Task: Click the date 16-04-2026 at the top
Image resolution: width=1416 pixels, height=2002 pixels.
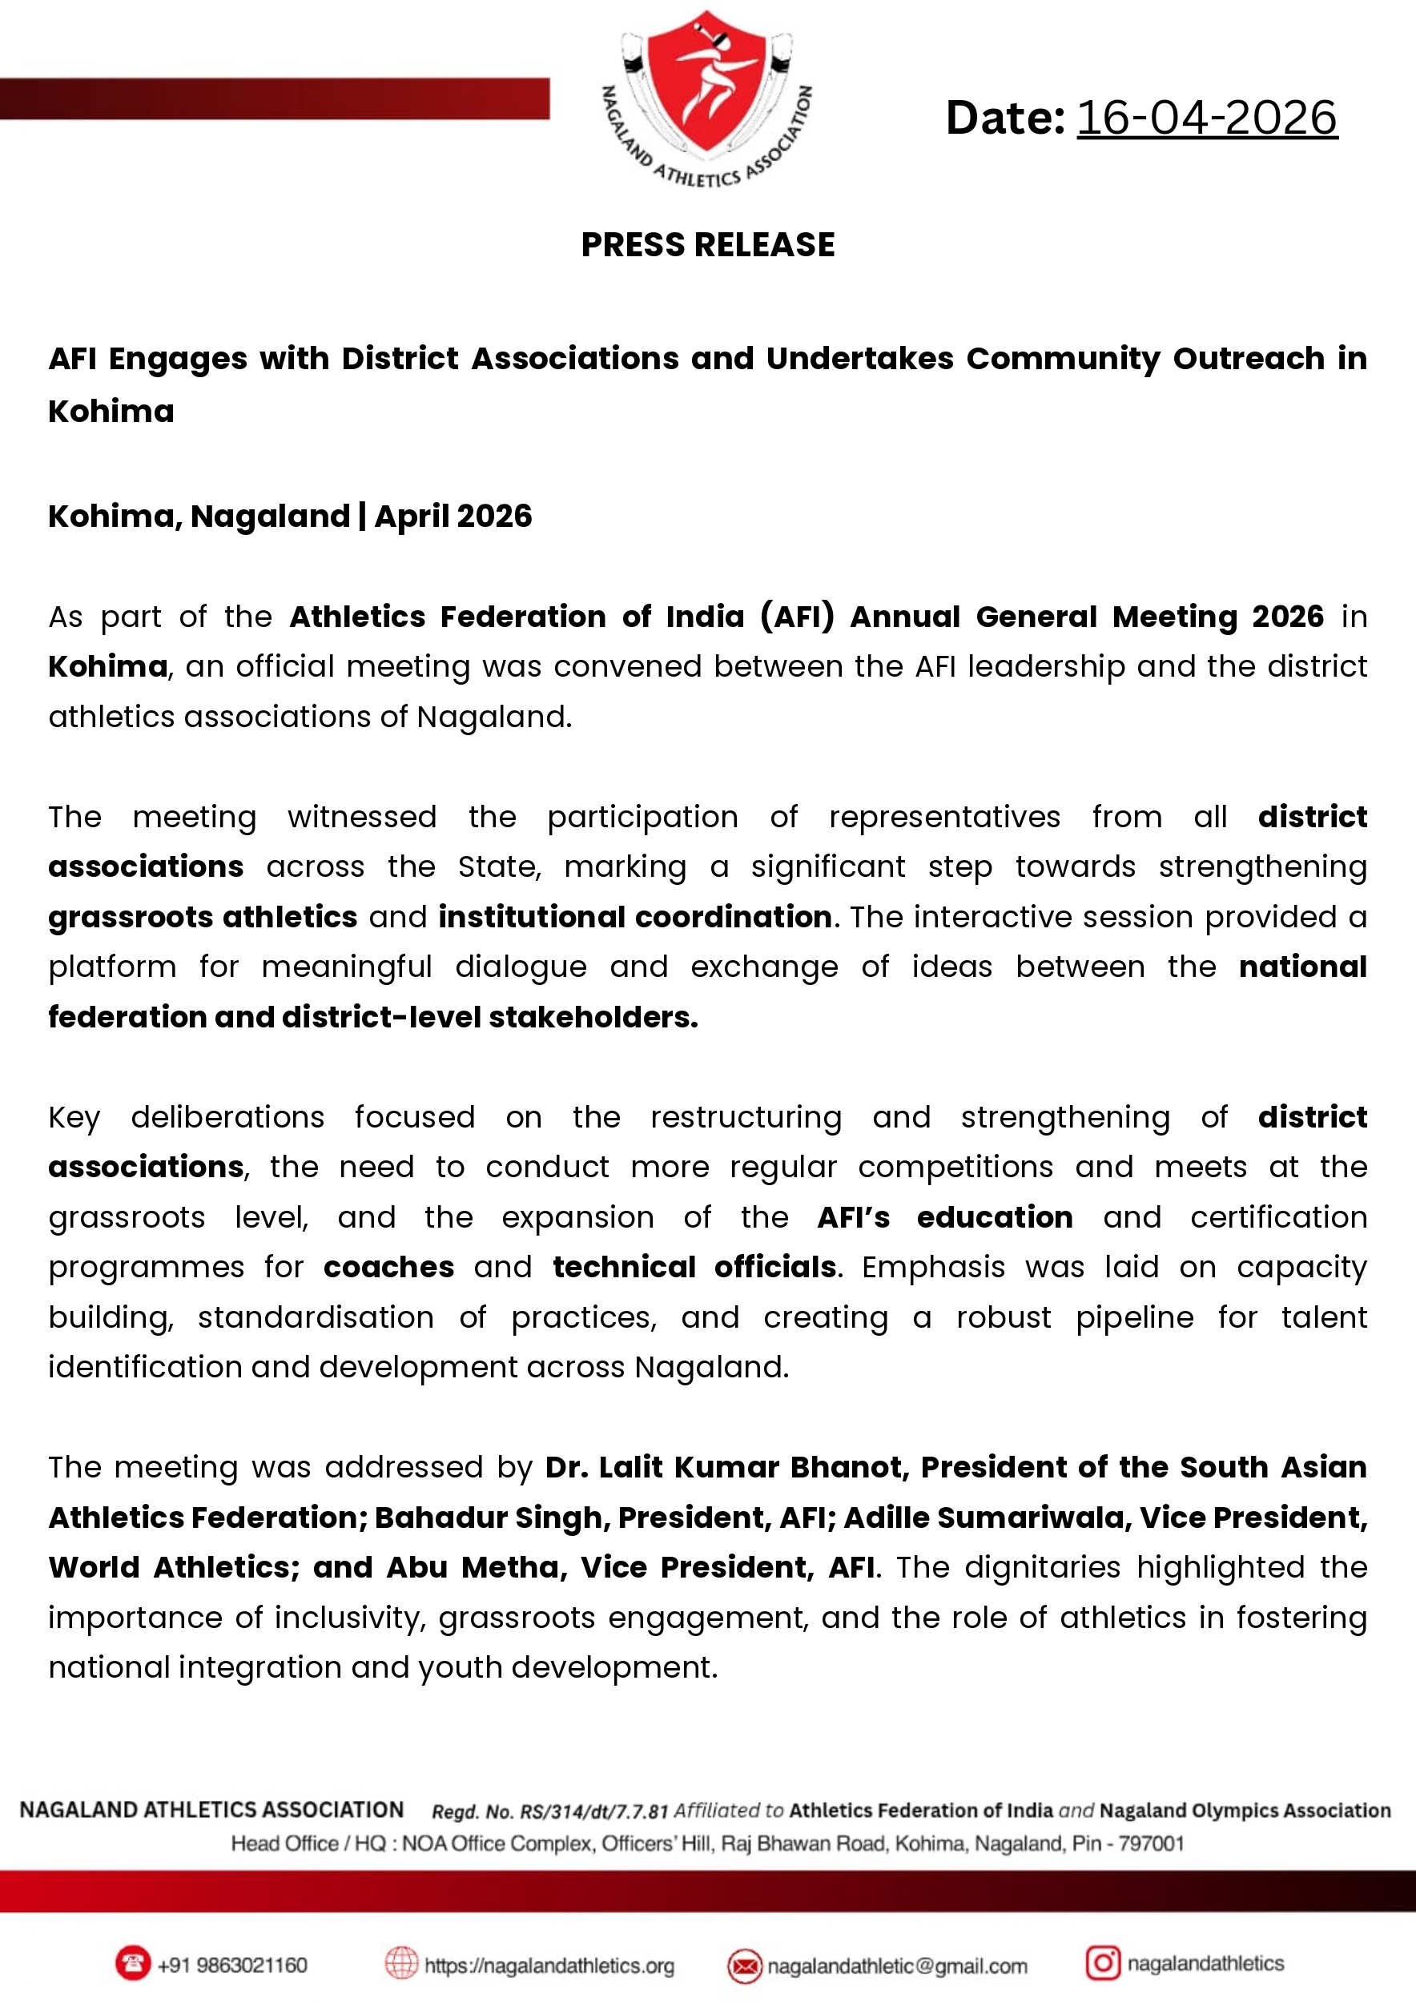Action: point(1207,118)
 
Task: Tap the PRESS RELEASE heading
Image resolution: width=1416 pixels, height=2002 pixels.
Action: point(708,245)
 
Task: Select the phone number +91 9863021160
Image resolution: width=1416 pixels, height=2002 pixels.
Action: point(232,1965)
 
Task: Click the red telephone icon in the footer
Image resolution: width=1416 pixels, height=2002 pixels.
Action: point(132,1964)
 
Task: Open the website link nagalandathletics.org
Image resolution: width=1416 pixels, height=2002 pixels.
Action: point(549,1966)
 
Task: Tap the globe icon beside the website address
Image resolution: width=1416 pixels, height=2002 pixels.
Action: point(402,1964)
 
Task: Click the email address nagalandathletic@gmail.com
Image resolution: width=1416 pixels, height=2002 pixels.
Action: point(897,1966)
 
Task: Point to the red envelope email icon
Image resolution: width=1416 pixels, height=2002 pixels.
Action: point(745,1966)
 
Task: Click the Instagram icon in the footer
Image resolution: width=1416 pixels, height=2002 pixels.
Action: point(1102,1963)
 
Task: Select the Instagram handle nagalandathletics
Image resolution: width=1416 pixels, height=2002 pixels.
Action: point(1205,1964)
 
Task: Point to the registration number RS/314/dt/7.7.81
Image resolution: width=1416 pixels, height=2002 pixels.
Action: point(593,1812)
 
